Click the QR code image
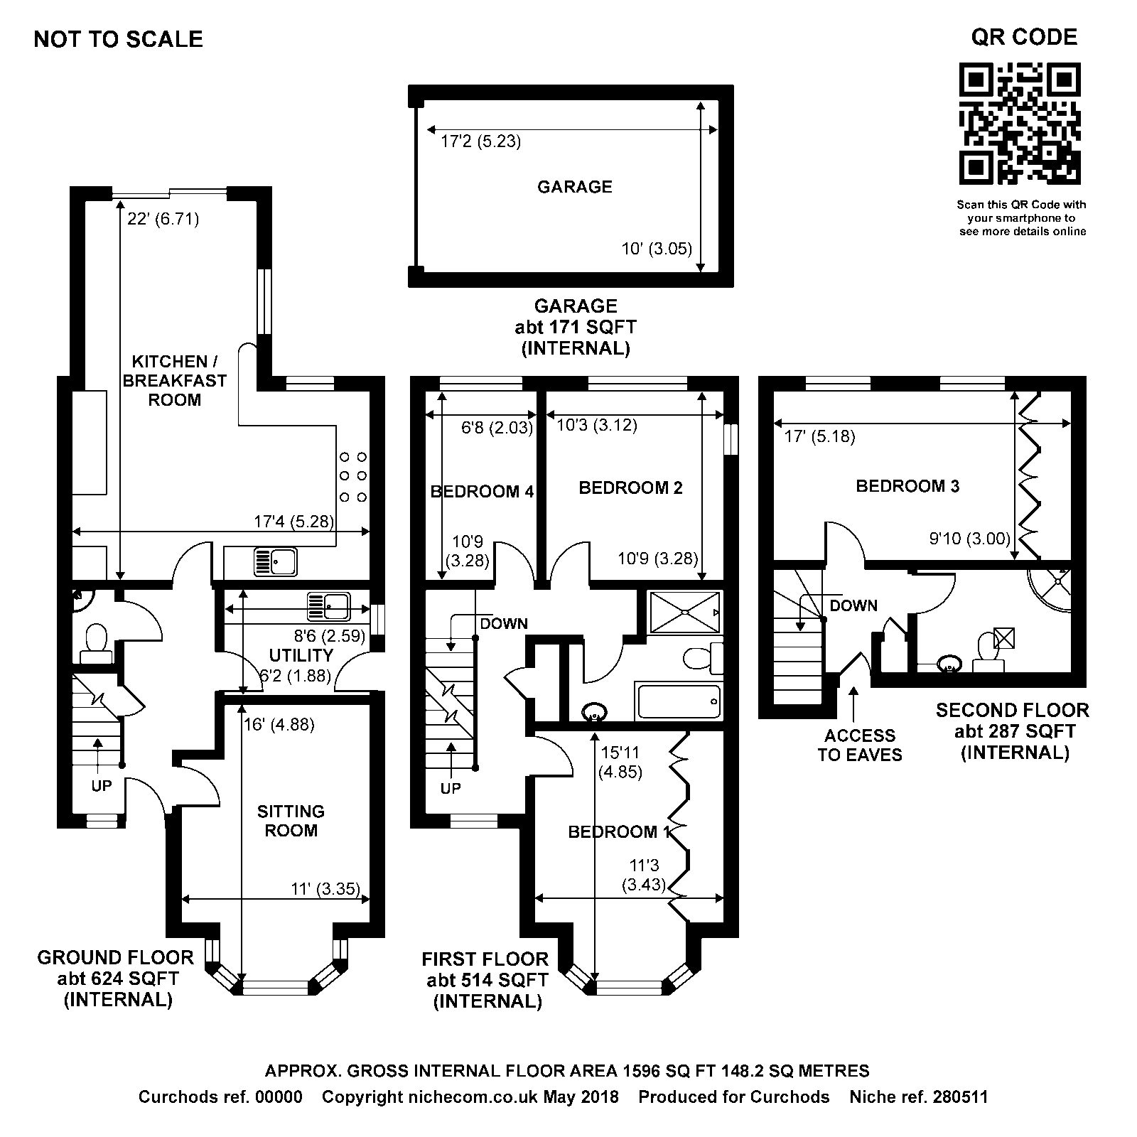[1020, 124]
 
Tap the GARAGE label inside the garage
[574, 187]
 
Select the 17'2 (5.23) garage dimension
[480, 141]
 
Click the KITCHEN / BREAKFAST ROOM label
[174, 381]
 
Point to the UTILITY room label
[301, 655]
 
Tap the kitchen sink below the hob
[276, 563]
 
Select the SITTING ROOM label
[291, 821]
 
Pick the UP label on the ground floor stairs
[102, 786]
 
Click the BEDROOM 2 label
[630, 487]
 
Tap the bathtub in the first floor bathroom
[679, 701]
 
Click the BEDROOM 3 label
[907, 486]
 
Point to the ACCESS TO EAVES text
[859, 745]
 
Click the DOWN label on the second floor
[853, 605]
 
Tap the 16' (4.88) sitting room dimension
[279, 725]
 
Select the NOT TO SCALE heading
[118, 39]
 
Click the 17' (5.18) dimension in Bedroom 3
[819, 436]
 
